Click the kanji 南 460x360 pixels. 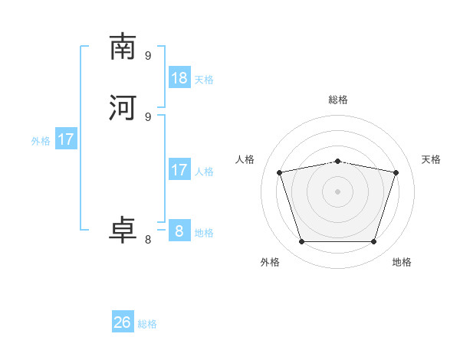123,47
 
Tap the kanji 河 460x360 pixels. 123,108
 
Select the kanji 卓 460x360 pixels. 123,231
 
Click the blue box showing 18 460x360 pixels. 179,77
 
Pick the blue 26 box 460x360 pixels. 123,322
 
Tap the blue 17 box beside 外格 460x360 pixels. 66,139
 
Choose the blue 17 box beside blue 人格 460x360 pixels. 179,169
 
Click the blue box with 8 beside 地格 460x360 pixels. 179,231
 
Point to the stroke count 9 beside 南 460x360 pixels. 148,55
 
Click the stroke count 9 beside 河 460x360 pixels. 148,116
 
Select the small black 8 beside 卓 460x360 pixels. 148,240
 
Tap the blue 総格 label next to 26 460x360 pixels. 147,324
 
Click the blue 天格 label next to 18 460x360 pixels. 203,79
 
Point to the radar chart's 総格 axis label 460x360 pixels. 338,100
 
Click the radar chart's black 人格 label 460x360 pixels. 245,159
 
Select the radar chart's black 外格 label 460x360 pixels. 270,262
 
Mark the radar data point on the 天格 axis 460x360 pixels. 396,172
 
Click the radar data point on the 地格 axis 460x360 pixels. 373,241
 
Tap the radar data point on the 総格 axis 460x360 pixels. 337,161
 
